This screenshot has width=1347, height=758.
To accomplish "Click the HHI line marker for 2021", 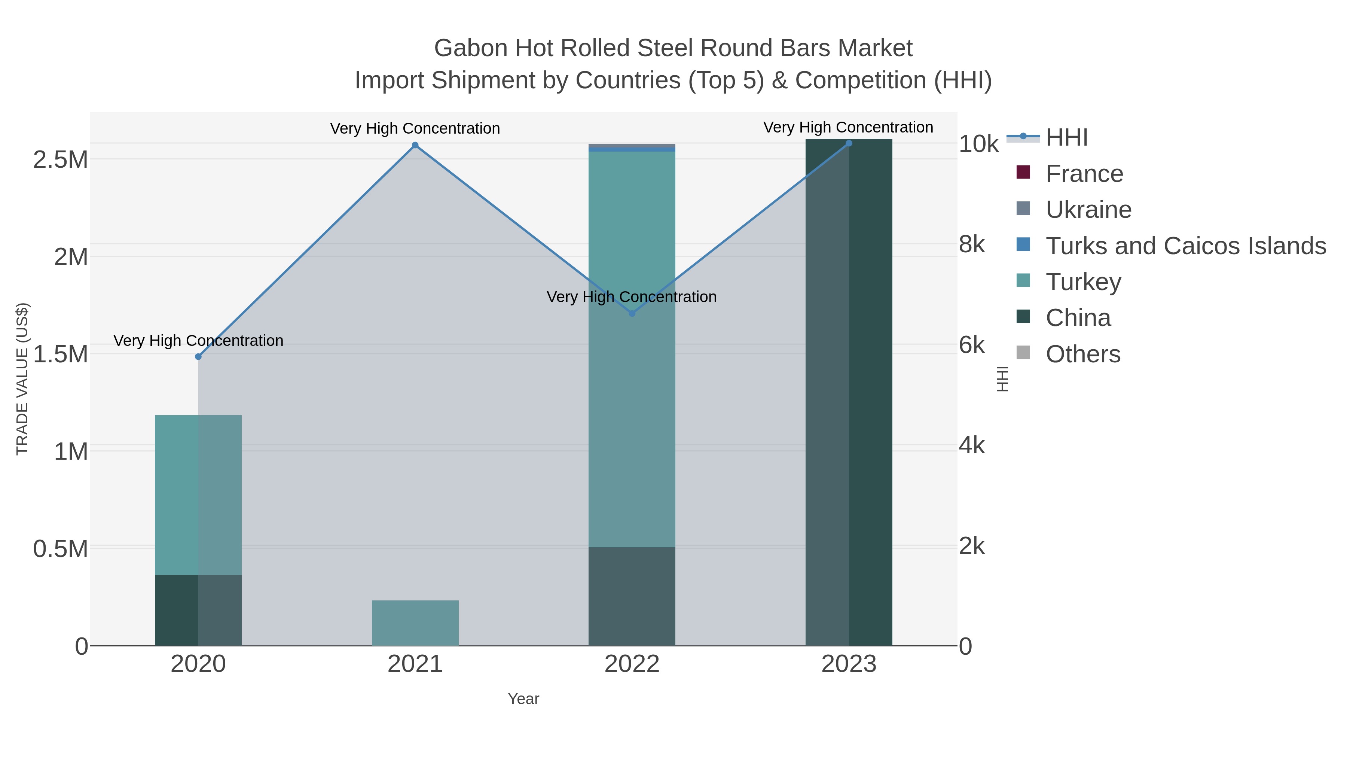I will (415, 146).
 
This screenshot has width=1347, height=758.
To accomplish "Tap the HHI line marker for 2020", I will (198, 357).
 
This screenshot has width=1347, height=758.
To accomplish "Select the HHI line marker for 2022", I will (632, 313).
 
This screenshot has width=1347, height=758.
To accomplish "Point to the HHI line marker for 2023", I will (849, 143).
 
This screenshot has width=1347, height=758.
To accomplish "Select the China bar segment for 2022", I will (632, 596).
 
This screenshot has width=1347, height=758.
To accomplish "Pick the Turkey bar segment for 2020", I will (198, 495).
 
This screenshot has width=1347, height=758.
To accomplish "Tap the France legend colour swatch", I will (1023, 173).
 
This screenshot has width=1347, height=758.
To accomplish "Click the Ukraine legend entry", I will (1088, 210).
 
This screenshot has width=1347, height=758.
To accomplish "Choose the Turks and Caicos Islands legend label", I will (1185, 246).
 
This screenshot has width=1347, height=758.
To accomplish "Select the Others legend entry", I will (1083, 354).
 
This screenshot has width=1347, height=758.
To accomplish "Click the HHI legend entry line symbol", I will (1023, 137).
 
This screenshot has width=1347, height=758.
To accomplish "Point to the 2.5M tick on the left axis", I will (61, 159).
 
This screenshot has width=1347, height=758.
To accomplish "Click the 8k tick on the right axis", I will (972, 244).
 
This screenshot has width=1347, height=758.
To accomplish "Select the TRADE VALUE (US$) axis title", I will (22, 379).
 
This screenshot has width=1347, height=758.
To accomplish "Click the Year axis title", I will (523, 699).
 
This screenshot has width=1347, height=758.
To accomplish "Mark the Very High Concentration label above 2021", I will (415, 129).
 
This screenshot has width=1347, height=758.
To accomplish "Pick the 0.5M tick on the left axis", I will (61, 549).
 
